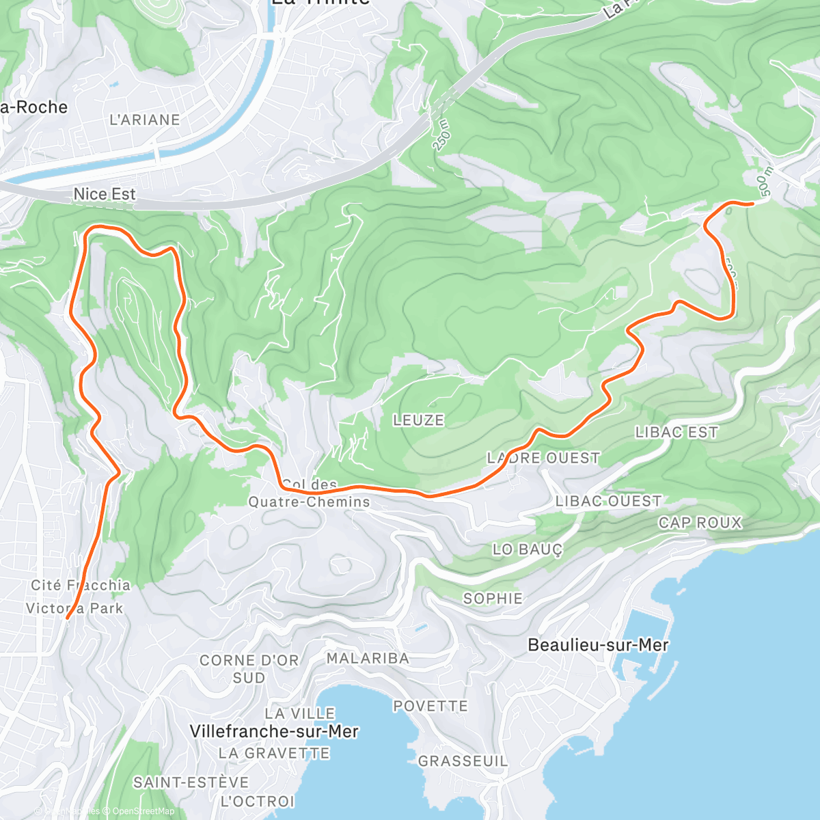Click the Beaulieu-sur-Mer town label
[x=598, y=644]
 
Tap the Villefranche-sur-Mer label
[x=274, y=731]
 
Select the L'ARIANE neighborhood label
[x=145, y=120]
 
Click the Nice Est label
[x=105, y=194]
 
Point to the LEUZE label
[x=418, y=420]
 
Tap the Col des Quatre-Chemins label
[x=309, y=493]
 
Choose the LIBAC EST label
[x=676, y=432]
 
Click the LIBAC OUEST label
[x=608, y=501]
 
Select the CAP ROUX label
[x=700, y=523]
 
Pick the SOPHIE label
[x=493, y=599]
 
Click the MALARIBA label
[x=368, y=658]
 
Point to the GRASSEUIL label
[x=463, y=761]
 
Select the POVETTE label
[x=430, y=706]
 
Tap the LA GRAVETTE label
[x=274, y=753]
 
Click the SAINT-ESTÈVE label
[x=191, y=782]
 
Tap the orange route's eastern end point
[x=752, y=204]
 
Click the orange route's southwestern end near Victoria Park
[x=67, y=618]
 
